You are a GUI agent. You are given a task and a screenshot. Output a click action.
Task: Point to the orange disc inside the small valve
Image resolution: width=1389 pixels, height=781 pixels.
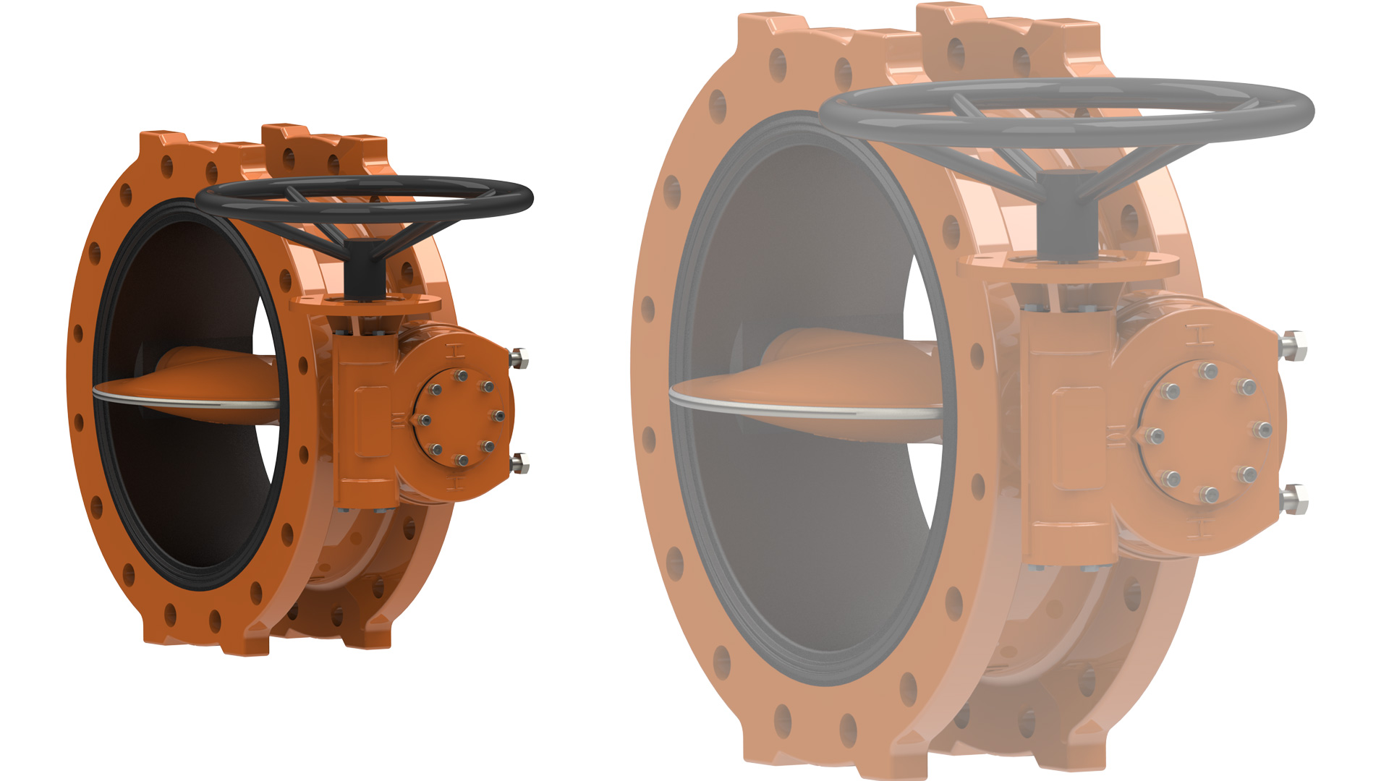tap(210, 376)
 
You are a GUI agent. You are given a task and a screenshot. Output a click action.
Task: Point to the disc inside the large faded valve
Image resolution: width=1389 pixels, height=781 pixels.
tap(832, 376)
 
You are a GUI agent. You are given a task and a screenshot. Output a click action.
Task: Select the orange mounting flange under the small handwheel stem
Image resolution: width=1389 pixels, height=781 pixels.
tap(369, 304)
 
